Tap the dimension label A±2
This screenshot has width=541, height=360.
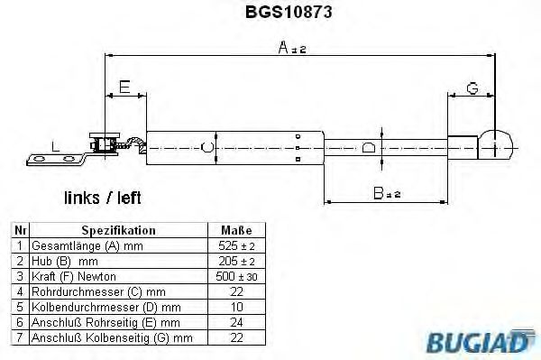(x=293, y=49)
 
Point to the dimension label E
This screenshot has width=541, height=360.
(x=124, y=87)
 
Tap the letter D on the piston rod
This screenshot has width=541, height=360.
(x=368, y=147)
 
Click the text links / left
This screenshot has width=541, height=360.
(x=102, y=197)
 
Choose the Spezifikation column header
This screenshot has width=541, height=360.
(x=119, y=230)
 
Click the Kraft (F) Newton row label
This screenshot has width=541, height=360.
(x=74, y=275)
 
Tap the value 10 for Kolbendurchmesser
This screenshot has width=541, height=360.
(x=235, y=306)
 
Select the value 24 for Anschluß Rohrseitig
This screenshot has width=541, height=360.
(x=235, y=321)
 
